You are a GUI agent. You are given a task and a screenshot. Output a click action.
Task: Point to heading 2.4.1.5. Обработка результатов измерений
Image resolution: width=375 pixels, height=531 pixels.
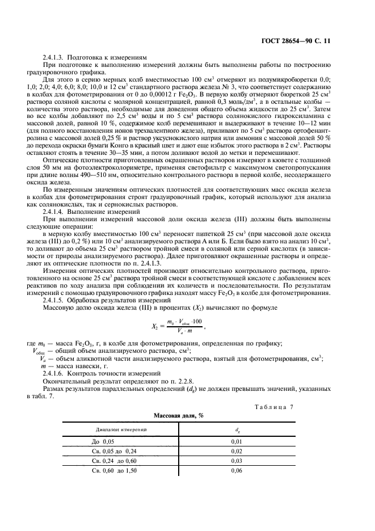(107, 299)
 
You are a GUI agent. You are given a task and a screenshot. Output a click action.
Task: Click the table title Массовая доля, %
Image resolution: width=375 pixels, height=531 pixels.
(179, 416)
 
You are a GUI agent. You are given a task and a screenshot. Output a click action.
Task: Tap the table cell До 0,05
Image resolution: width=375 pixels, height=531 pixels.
(103, 441)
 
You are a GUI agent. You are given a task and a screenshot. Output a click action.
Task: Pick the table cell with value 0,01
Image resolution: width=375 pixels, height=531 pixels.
(237, 441)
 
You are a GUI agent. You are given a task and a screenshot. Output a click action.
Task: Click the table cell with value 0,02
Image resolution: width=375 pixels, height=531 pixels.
(237, 452)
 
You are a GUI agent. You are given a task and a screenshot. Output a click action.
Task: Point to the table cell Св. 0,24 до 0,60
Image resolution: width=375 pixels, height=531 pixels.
(115, 461)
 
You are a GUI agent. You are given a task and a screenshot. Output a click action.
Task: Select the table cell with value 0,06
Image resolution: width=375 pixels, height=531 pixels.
(237, 471)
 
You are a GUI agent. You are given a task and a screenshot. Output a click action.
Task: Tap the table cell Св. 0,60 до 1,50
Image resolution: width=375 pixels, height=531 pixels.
(115, 471)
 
